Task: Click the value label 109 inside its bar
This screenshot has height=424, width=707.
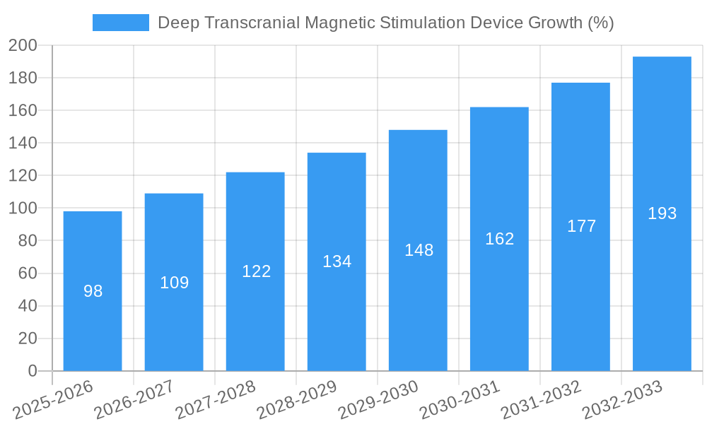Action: pos(174,283)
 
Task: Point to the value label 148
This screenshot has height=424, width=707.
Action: pos(419,250)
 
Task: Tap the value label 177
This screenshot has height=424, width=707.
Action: pos(581,226)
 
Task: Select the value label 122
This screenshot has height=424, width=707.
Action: pos(256,271)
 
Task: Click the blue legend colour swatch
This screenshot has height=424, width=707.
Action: pos(120,23)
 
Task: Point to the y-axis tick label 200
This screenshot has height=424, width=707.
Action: pos(23,46)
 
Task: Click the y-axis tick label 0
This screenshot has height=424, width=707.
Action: pos(32,371)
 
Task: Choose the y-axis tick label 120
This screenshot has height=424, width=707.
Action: pos(23,176)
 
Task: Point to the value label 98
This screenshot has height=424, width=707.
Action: pos(93,291)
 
